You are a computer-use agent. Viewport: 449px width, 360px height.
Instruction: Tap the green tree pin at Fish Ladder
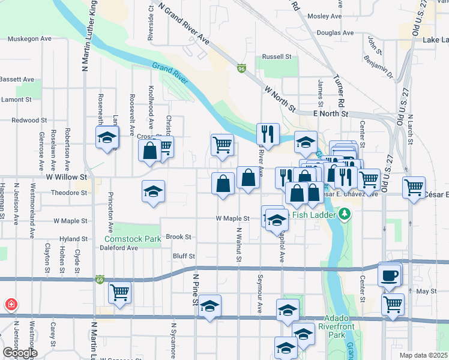pyautogui.click(x=345, y=214)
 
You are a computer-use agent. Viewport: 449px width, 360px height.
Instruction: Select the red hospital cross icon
pyautogui.click(x=11, y=304)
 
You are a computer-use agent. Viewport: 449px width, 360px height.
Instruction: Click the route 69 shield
pyautogui.click(x=100, y=280)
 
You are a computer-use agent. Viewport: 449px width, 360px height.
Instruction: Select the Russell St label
pyautogui.click(x=277, y=57)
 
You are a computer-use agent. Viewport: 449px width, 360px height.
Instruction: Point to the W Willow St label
pyautogui.click(x=67, y=178)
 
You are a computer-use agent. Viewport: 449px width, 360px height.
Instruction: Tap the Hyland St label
pyautogui.click(x=73, y=239)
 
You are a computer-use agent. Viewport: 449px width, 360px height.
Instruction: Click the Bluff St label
pyautogui.click(x=184, y=256)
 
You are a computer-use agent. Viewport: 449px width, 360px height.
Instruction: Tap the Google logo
pyautogui.click(x=19, y=353)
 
